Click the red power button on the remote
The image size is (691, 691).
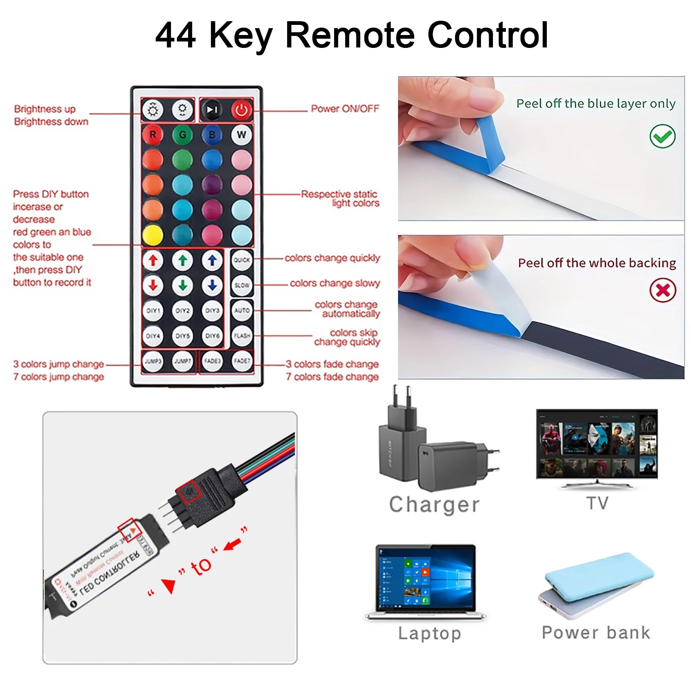(x=241, y=110)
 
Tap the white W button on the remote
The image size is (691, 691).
(x=241, y=135)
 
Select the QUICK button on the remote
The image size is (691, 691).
(x=241, y=260)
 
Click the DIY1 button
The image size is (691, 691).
(x=153, y=310)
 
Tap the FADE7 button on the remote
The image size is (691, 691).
(x=241, y=361)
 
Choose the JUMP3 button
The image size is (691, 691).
(x=153, y=361)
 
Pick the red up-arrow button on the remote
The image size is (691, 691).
(x=153, y=261)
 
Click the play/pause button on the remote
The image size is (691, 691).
(x=212, y=110)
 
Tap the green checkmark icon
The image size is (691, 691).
(x=662, y=136)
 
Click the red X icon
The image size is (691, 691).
(x=662, y=290)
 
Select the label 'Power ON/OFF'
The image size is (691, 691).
(x=345, y=109)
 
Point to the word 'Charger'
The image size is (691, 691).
(x=434, y=504)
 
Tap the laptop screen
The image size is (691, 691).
(x=426, y=578)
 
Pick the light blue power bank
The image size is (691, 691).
(x=599, y=574)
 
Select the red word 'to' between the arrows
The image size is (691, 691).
(x=201, y=566)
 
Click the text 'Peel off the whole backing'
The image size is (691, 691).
(x=597, y=263)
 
